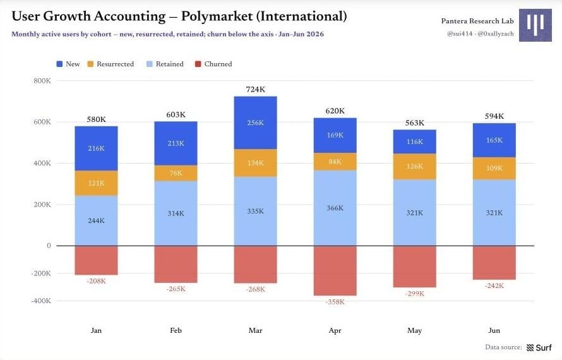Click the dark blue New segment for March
pos(255,123)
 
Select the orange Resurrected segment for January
pos(96,183)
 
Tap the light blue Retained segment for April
pos(335,208)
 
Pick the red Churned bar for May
pos(414,267)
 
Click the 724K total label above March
pos(255,89)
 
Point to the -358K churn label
pos(335,302)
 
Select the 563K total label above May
pos(414,123)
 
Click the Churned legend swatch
pos(198,64)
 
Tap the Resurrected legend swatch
pos(90,64)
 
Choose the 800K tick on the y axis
pos(42,81)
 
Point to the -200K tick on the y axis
pos(41,273)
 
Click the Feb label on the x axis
pos(176,330)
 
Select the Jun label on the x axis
pos(494,330)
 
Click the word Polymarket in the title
pos(217,16)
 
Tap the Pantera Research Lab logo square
pos(535,25)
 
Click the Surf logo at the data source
pos(539,347)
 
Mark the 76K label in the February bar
pos(176,173)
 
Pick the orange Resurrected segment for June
pos(494,169)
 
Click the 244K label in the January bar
pos(96,220)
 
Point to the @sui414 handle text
pos(460,33)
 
